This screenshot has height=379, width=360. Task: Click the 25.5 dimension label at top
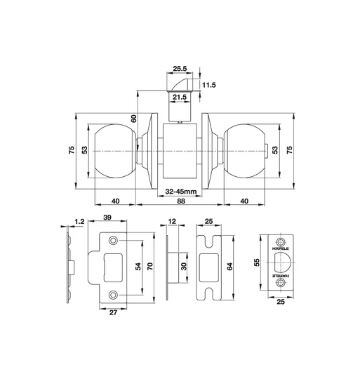pyautogui.click(x=180, y=69)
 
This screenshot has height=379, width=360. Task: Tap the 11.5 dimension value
pyautogui.click(x=208, y=85)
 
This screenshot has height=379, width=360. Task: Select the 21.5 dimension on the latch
pyautogui.click(x=180, y=97)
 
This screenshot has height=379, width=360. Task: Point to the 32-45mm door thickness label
pyautogui.click(x=181, y=192)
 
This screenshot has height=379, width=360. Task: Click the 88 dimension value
pyautogui.click(x=181, y=201)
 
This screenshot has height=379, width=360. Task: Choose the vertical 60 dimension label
pyautogui.click(x=133, y=119)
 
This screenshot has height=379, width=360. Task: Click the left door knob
pyautogui.click(x=114, y=152)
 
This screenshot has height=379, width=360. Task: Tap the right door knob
pyautogui.click(x=244, y=152)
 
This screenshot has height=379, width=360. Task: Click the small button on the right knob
pyautogui.click(x=267, y=151)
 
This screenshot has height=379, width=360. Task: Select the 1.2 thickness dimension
pyautogui.click(x=79, y=222)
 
